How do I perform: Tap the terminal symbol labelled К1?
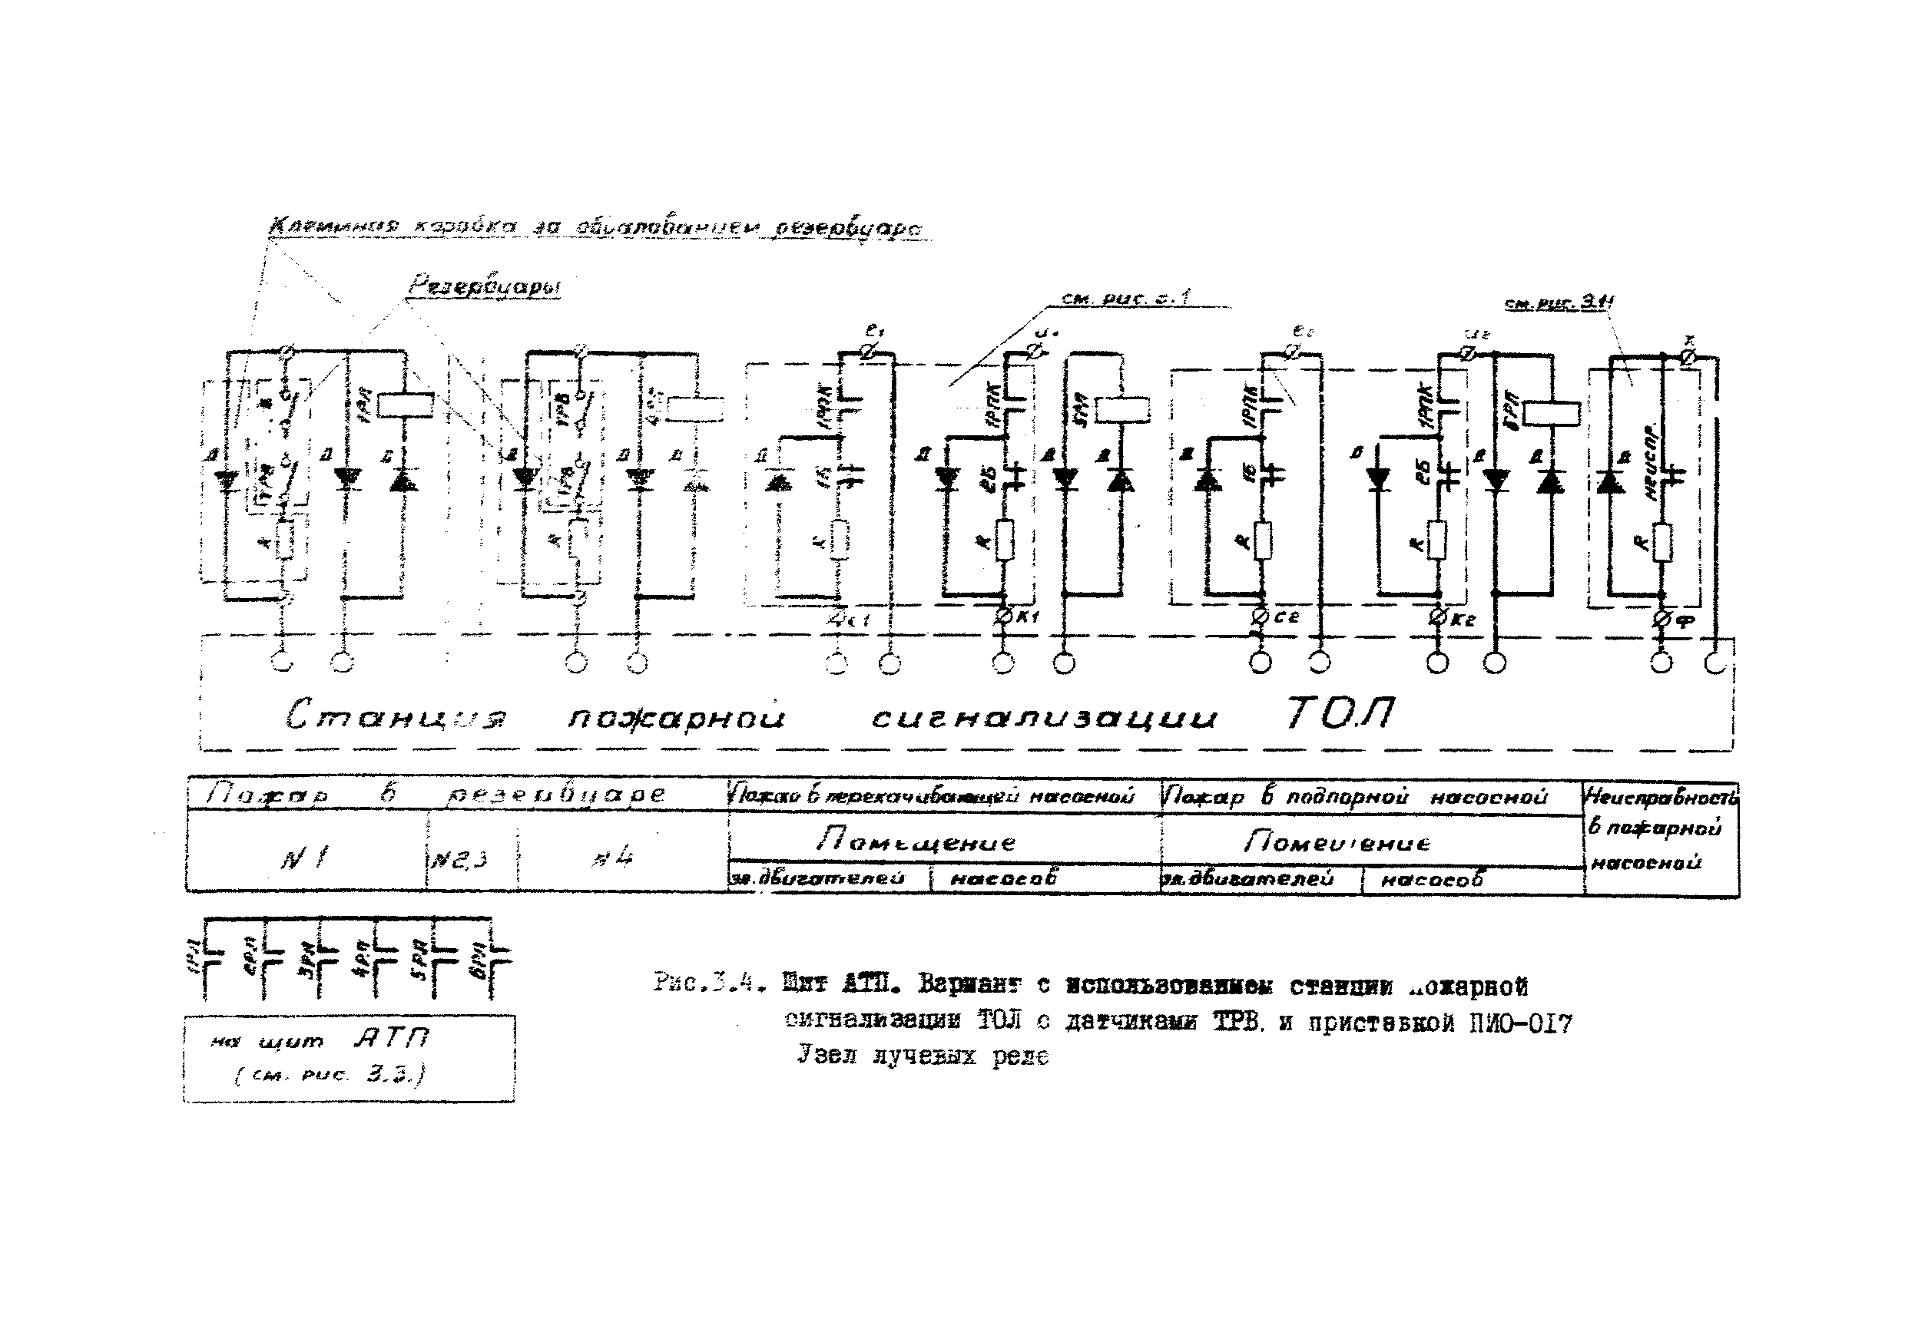1002,616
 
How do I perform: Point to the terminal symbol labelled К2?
1437,618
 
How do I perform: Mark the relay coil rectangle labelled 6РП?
1552,414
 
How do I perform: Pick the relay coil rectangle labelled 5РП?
1121,410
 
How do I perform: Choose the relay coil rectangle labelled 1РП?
406,404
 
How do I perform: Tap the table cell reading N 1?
303,858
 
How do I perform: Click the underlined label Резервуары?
485,287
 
